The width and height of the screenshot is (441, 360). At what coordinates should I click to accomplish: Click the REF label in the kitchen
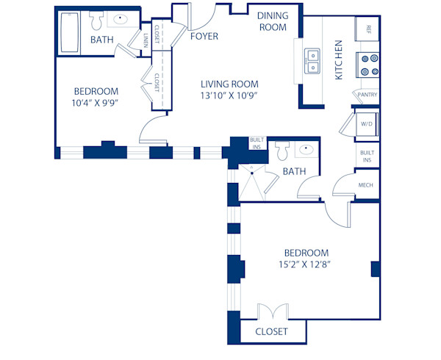click(x=368, y=29)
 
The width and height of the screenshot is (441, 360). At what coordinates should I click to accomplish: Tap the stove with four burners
click(x=368, y=65)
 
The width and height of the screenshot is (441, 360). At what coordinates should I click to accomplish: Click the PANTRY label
click(x=367, y=95)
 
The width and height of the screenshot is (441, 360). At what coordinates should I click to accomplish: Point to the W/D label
click(x=367, y=123)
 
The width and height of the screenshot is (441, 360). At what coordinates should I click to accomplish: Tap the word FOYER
click(x=203, y=35)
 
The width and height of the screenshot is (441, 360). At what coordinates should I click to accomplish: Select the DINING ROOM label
click(x=271, y=21)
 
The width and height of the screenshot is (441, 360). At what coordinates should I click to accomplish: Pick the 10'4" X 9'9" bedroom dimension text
click(x=96, y=97)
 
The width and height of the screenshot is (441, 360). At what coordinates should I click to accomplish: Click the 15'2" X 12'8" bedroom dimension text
click(x=304, y=258)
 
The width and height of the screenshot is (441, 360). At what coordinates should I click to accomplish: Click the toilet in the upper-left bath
click(x=97, y=20)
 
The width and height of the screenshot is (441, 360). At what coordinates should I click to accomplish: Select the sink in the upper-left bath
click(x=121, y=20)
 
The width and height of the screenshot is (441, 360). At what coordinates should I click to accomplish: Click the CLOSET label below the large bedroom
click(x=271, y=332)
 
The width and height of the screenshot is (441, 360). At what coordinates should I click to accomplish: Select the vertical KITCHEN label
click(x=339, y=61)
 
